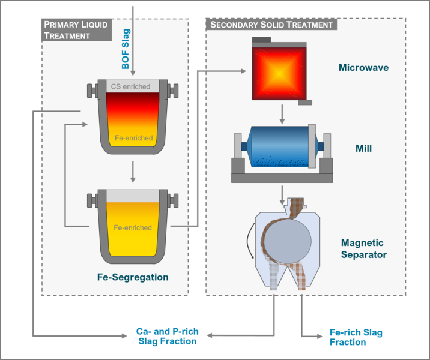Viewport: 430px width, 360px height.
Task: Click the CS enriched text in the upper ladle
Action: tap(130, 87)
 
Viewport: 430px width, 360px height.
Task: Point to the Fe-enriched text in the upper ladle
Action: tap(133, 138)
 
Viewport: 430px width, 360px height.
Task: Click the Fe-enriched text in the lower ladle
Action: tap(133, 227)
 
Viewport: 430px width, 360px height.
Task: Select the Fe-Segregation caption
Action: tap(132, 277)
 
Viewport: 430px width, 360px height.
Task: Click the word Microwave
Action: tap(363, 68)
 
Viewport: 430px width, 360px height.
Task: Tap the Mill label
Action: tap(363, 147)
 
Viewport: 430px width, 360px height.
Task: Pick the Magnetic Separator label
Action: tap(363, 248)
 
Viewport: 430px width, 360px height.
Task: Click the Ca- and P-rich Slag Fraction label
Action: tap(167, 336)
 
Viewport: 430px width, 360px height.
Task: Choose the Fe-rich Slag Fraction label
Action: tap(356, 337)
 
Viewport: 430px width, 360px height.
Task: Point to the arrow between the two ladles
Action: tap(132, 172)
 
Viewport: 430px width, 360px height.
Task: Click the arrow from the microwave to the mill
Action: tap(281, 114)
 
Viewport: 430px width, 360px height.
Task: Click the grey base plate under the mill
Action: tap(282, 176)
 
